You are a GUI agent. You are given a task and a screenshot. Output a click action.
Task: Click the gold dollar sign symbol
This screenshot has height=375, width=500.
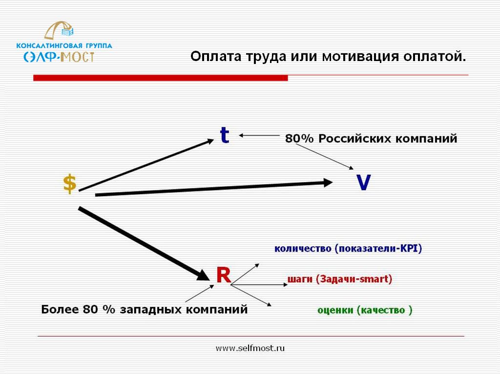click(x=70, y=184)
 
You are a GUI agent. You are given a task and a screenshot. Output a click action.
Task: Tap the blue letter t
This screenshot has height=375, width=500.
click(x=225, y=135)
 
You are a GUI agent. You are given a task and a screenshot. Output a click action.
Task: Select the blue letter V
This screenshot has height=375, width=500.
click(x=363, y=182)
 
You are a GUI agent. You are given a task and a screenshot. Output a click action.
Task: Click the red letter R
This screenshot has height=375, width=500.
click(x=224, y=275)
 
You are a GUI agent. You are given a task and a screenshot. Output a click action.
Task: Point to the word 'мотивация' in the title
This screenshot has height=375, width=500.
click(x=360, y=57)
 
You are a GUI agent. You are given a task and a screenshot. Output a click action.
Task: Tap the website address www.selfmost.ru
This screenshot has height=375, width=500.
click(x=250, y=348)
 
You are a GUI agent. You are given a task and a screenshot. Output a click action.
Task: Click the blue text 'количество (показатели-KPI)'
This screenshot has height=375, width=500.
click(x=348, y=249)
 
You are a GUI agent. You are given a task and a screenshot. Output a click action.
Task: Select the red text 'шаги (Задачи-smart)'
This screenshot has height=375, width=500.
click(x=340, y=279)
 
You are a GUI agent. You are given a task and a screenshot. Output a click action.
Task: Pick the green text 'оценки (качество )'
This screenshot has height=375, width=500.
click(x=365, y=310)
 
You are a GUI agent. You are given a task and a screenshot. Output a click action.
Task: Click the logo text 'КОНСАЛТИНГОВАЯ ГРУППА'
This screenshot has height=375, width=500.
click(x=64, y=45)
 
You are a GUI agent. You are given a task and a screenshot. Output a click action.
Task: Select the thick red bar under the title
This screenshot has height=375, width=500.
click(x=160, y=78)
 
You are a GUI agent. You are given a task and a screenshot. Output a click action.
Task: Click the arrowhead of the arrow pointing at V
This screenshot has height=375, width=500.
click(x=328, y=183)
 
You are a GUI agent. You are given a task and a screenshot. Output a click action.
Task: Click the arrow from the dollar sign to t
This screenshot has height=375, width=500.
click(x=146, y=165)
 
